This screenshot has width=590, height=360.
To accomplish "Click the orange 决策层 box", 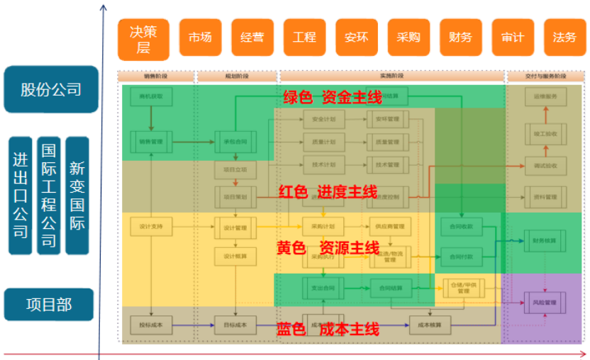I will (143, 40).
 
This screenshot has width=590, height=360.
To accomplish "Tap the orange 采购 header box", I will (408, 38).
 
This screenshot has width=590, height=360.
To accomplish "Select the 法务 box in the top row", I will (564, 38).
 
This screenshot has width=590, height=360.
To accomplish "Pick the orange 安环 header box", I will (356, 38).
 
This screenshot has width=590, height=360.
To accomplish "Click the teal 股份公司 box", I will (50, 89).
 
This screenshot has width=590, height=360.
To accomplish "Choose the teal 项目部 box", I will (49, 305).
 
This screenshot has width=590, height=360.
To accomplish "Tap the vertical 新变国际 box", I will (77, 196).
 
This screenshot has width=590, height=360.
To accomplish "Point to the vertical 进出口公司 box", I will (20, 196).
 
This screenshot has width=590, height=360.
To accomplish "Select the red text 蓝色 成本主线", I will (328, 329).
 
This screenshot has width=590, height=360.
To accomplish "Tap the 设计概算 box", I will (235, 257).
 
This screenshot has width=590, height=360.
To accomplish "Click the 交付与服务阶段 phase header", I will (545, 76).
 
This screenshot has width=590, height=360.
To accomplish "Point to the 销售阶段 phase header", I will (155, 76).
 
